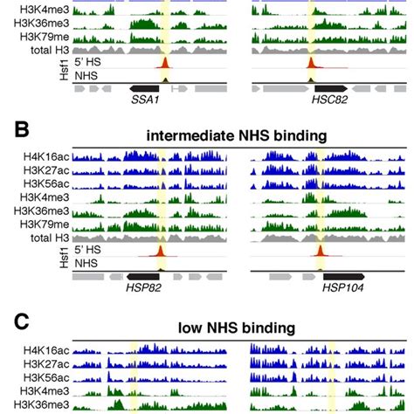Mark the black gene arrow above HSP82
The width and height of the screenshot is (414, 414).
pyautogui.click(x=145, y=274)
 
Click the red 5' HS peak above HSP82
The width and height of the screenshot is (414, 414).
pyautogui.click(x=160, y=252)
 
